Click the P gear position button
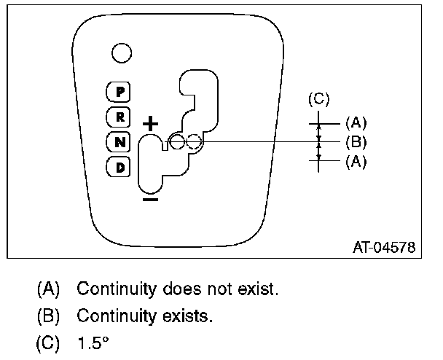point(119,91)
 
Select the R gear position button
point(119,116)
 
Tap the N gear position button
point(119,141)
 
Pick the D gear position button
point(119,167)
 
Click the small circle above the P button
point(121,52)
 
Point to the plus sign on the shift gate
point(150,123)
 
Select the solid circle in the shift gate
point(177,141)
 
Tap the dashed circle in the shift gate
point(193,141)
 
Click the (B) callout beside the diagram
point(356,141)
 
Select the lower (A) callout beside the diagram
point(356,162)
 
